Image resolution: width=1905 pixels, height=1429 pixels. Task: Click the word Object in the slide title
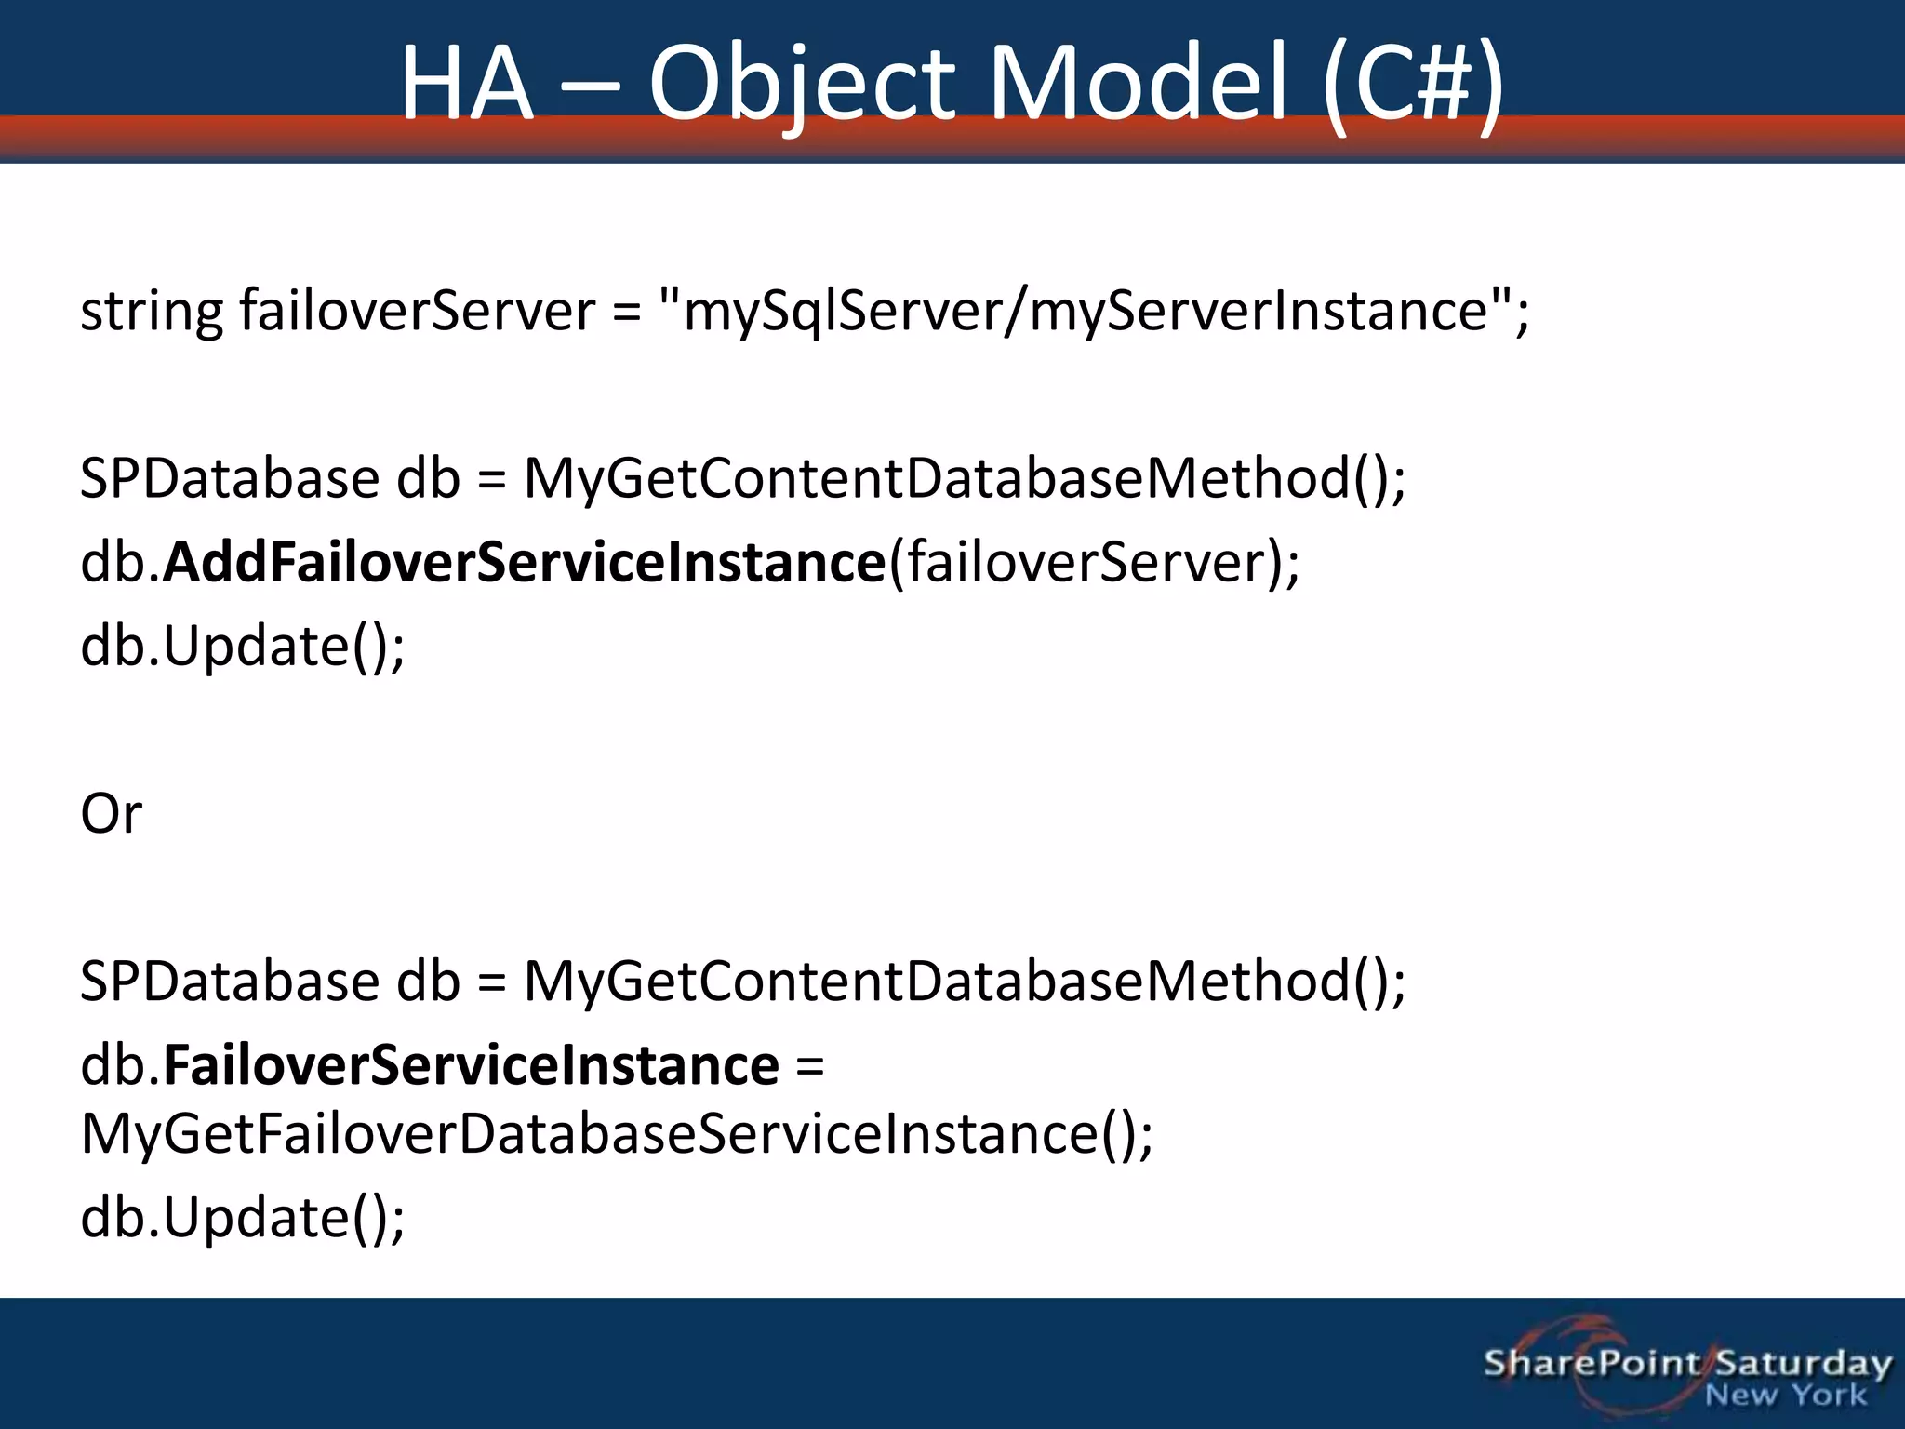802,86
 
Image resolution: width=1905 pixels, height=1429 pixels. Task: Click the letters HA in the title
467,86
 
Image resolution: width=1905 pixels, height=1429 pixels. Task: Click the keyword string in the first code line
152,312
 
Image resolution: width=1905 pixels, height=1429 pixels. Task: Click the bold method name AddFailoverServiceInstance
524,562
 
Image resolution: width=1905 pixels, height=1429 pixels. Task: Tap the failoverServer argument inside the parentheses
1086,562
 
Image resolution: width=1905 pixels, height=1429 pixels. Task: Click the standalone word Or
112,814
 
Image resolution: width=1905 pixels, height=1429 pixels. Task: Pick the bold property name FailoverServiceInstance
471,1065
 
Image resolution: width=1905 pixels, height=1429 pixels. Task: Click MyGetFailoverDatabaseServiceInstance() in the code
617,1134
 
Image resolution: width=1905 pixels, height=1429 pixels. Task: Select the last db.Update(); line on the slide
243,1218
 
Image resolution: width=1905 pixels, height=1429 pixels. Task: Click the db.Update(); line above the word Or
243,647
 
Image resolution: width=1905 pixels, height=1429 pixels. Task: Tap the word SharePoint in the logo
1592,1364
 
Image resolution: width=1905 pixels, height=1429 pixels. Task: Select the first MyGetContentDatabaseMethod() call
965,479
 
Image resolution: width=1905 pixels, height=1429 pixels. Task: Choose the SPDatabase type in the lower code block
230,982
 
